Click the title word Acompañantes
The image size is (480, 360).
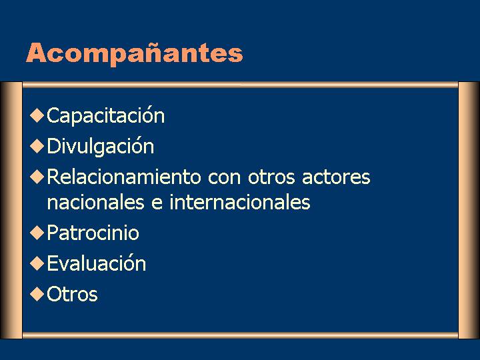(135, 54)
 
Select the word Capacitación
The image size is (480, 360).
(105, 115)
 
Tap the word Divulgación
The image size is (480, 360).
(101, 146)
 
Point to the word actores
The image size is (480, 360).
(336, 177)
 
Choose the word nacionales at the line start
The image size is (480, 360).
(96, 202)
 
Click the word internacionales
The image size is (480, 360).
(240, 202)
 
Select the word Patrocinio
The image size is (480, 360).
(93, 233)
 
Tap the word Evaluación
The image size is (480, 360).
(97, 263)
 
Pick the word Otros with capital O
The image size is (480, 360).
(72, 294)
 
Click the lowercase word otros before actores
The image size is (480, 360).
(271, 177)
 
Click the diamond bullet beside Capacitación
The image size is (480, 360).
(37, 115)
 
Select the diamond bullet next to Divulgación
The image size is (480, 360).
(37, 146)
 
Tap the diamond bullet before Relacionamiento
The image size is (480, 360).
(37, 177)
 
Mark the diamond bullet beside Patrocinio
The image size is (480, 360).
(37, 233)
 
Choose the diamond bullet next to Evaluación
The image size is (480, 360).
(37, 263)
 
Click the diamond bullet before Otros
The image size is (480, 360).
(37, 294)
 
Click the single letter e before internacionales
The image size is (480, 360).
(157, 204)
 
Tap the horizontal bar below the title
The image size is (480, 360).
(240, 85)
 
